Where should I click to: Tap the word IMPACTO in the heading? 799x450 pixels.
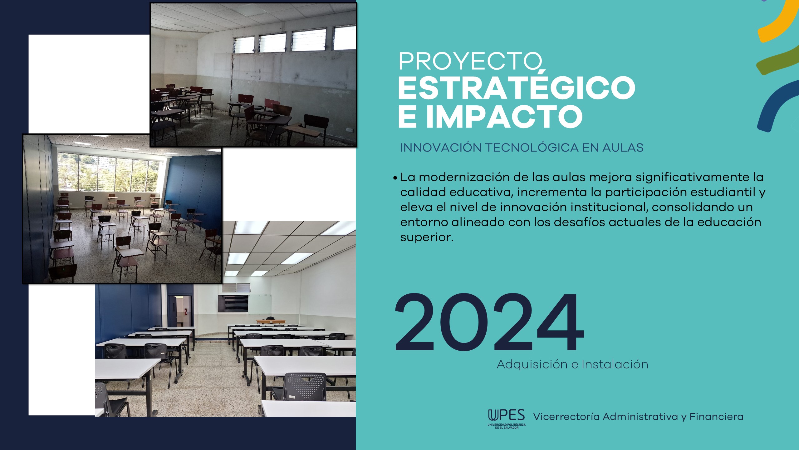click(x=504, y=116)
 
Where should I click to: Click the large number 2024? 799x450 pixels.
click(x=489, y=322)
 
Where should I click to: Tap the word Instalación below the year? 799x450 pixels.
click(x=615, y=364)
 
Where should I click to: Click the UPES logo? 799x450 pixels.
click(x=507, y=419)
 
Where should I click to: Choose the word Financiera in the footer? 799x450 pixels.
click(x=716, y=417)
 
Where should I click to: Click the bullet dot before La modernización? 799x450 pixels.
click(x=395, y=178)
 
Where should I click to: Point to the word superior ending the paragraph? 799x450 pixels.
click(x=427, y=237)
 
